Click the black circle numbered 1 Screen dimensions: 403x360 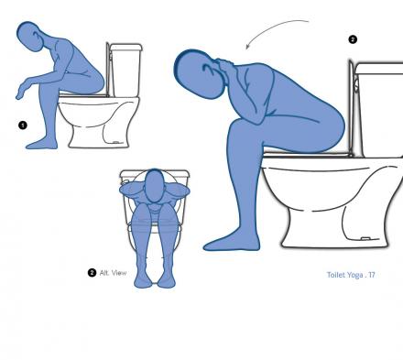[23, 125]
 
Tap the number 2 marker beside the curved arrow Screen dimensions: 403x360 [353, 39]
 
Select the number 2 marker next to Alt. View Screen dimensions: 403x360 [92, 273]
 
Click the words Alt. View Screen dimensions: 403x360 [113, 273]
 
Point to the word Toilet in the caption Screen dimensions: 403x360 [336, 275]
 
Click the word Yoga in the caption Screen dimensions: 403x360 [355, 275]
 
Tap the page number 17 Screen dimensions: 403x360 [372, 275]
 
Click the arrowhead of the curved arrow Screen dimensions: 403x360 [247, 46]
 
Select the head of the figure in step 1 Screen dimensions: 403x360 [30, 37]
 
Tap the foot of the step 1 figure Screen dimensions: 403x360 [42, 144]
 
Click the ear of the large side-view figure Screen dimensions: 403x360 [209, 68]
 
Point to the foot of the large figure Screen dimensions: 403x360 [232, 243]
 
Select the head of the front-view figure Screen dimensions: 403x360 [154, 186]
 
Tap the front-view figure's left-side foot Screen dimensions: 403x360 [143, 279]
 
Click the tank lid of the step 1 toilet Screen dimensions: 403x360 [125, 47]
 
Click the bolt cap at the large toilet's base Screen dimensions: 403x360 [365, 238]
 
